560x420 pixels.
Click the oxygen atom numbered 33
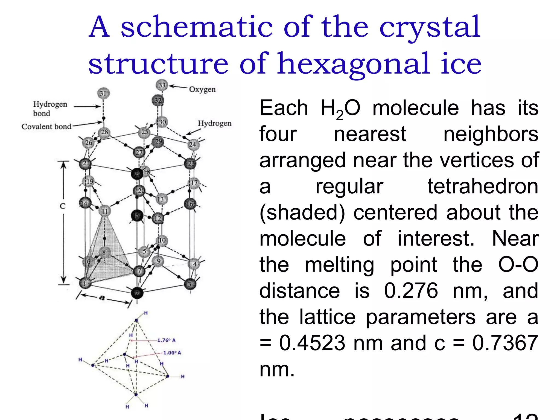pos(162,85)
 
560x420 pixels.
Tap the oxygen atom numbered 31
pos(103,93)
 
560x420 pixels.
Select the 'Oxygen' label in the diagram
pos(202,89)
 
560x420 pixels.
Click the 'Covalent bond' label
pos(46,127)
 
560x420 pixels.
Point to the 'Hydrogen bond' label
pos(50,109)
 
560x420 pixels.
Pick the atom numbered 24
pos(193,144)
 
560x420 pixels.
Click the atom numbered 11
pos(105,211)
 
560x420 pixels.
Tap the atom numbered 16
pos(190,204)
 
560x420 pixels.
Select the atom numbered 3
pos(190,284)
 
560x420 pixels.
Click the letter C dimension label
pos(63,206)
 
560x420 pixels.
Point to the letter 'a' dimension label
pos(102,297)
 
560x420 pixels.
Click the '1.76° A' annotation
pos(166,340)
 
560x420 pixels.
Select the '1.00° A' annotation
pos(172,353)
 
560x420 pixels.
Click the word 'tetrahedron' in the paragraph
pos(483,186)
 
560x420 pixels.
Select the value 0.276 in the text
pos(411,290)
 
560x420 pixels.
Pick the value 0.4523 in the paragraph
pos(312,343)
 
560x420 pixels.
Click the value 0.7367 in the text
pos(505,343)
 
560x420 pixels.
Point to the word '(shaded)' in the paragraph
pos(302,212)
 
